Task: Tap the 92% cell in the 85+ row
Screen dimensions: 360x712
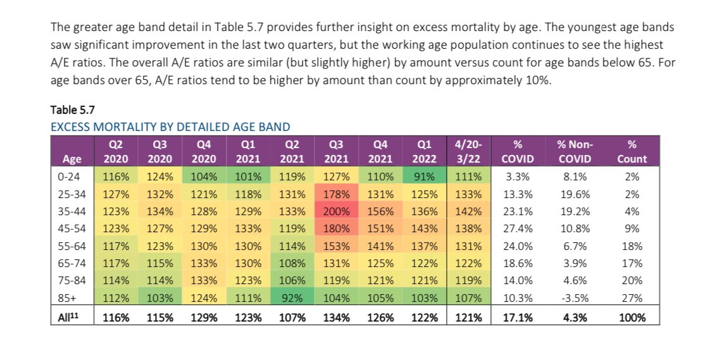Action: [292, 297]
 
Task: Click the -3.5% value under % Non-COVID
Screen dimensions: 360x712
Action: [575, 297]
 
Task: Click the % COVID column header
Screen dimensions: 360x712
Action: [517, 151]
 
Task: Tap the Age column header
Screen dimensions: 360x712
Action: [66, 159]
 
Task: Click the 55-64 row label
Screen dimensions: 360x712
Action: [67, 245]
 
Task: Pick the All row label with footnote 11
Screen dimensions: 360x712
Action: [66, 318]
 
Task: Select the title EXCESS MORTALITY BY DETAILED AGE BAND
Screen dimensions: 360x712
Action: [170, 127]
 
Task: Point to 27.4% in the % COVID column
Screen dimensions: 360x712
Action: [517, 228]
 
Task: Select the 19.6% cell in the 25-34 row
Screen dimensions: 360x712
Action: [575, 194]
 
